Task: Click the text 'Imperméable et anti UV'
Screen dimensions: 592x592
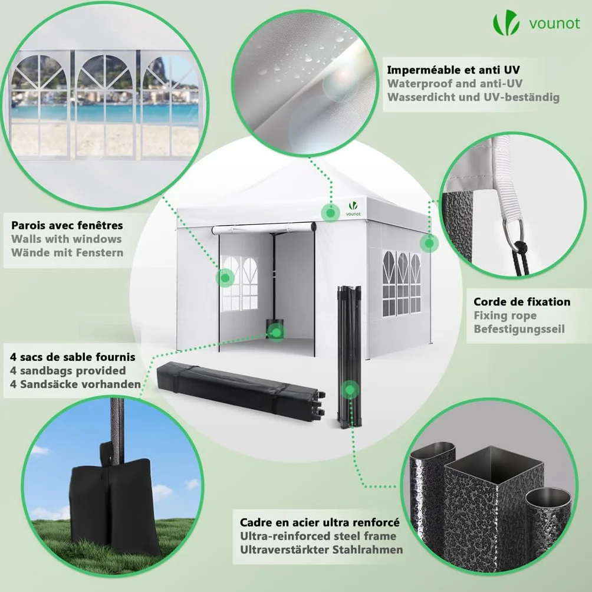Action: point(453,70)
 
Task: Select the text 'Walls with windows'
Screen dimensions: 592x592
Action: point(67,239)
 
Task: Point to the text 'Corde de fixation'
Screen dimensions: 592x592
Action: point(522,302)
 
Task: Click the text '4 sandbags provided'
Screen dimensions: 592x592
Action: point(68,370)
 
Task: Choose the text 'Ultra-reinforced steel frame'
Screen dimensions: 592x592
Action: point(318,536)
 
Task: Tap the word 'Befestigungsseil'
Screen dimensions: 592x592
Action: point(519,329)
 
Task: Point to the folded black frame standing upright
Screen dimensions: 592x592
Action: point(349,357)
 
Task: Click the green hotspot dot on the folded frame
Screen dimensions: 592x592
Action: point(350,389)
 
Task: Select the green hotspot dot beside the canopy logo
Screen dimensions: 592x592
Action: point(330,212)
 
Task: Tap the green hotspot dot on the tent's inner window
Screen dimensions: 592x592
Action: point(225,278)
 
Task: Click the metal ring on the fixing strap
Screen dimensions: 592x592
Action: point(513,232)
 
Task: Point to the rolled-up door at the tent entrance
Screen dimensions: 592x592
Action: point(264,228)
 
